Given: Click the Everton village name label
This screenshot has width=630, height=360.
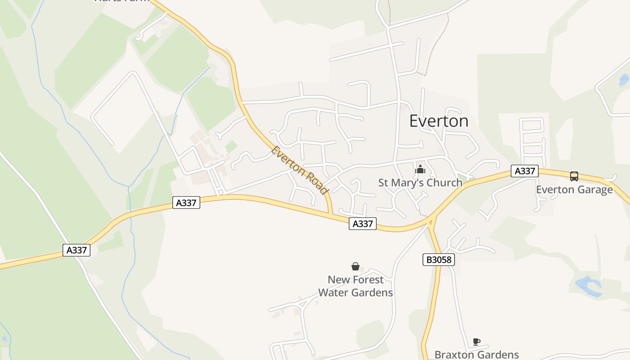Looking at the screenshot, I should click(x=439, y=121).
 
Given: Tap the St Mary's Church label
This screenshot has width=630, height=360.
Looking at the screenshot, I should click(x=420, y=183).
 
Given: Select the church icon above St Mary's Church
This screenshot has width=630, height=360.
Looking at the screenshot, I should click(x=420, y=170).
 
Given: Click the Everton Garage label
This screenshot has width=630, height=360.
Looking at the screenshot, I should click(x=574, y=189).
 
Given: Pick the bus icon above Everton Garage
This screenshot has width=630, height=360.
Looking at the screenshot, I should click(x=574, y=176).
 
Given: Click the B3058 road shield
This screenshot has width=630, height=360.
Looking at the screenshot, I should click(x=439, y=260).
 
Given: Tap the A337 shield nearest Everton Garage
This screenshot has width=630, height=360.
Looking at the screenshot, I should click(x=525, y=171).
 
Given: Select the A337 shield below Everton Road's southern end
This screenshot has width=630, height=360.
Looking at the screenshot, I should click(x=362, y=224).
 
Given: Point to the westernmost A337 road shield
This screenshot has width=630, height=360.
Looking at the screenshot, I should click(x=76, y=250).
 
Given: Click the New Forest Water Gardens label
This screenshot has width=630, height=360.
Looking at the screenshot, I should click(x=355, y=286).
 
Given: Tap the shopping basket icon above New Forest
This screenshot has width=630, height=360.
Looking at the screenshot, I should click(x=355, y=266).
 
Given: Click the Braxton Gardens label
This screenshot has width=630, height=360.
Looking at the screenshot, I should click(x=477, y=355).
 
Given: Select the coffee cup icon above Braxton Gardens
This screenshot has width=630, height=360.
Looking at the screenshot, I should click(x=477, y=342).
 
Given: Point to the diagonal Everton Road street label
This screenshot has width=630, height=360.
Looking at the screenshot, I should click(x=299, y=170).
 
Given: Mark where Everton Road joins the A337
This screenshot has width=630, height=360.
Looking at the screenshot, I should click(x=332, y=214).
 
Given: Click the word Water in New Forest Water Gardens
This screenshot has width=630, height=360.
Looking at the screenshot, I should click(x=338, y=292).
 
